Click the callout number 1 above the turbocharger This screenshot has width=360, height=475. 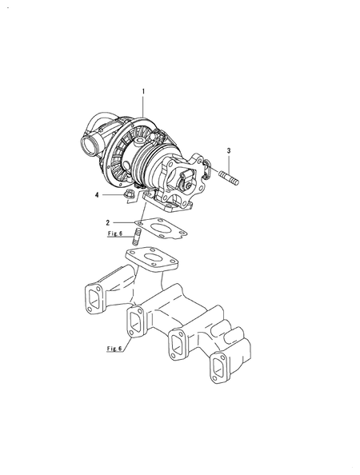tap(143, 91)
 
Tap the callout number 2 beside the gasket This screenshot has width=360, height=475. tap(107, 223)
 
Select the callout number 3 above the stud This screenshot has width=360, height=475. tap(229, 150)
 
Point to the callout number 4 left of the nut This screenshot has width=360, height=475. tap(97, 195)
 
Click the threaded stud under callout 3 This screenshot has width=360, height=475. tap(229, 178)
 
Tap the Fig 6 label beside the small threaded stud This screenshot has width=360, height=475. tap(115, 234)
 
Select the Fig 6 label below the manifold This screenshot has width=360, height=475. tap(114, 349)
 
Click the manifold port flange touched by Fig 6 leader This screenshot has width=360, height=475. tap(136, 321)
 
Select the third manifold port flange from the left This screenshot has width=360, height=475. tap(178, 345)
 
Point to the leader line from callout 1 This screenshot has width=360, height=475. tap(143, 106)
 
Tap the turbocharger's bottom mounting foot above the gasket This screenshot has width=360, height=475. tap(167, 202)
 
